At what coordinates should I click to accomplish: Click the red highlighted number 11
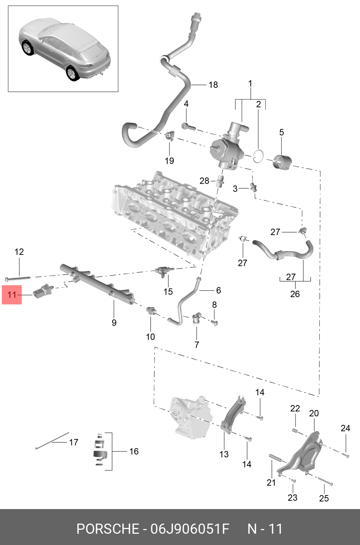coord(12,295)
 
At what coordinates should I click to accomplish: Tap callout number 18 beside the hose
coord(213,85)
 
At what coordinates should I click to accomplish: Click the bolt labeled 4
coord(189,127)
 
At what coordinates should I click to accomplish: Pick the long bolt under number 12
coord(17,278)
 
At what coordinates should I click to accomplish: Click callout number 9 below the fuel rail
coord(114,323)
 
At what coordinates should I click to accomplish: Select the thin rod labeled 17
coord(52,440)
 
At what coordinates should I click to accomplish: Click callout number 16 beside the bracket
coord(134,451)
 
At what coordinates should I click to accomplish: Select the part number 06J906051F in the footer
coord(190,529)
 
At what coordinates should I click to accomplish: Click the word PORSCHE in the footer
coord(108,529)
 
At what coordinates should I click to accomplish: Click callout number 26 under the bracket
coord(295,294)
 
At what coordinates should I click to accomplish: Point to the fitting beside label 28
coord(220,181)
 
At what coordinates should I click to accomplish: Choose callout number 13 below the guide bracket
coord(224,454)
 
